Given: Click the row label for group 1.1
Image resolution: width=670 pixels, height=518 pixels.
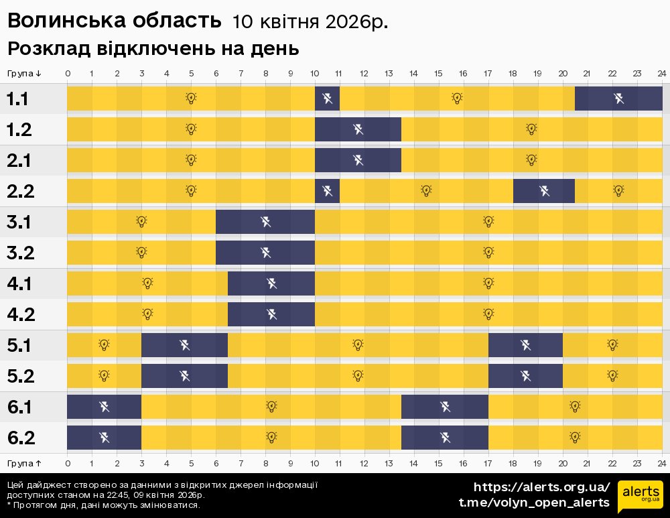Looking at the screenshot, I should tap(17, 99).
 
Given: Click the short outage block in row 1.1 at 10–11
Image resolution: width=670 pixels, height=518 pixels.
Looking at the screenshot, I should tap(327, 99).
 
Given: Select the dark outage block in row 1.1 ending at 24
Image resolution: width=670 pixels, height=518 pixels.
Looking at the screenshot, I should tap(618, 99).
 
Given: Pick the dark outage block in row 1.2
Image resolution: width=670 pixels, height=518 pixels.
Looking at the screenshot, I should tap(358, 129).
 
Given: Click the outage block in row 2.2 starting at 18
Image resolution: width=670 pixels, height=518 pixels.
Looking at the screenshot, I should tap(544, 191).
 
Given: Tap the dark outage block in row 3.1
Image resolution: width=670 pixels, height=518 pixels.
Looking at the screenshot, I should tap(265, 222).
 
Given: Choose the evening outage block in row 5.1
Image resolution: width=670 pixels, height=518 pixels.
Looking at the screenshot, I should tap(525, 345).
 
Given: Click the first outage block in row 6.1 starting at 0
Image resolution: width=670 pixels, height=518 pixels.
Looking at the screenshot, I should tap(104, 407).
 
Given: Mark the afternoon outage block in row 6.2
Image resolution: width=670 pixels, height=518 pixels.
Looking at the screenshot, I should tap(445, 438).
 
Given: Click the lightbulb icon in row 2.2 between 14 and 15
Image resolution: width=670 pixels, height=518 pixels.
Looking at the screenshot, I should tap(426, 191).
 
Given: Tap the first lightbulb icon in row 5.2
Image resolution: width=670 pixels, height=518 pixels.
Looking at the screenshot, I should tap(104, 376).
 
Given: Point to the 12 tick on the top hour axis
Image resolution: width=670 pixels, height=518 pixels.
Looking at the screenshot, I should tap(364, 74).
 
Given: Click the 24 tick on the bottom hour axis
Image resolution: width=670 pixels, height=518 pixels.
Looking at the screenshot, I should tap(661, 463).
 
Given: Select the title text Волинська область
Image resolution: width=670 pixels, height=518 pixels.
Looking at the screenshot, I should tap(114, 21).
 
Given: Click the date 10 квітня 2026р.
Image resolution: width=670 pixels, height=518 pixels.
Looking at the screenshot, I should tap(310, 22).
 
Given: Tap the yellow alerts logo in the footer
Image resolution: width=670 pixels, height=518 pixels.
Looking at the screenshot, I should tap(640, 495).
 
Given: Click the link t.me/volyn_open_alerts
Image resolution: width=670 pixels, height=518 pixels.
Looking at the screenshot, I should tap(534, 503).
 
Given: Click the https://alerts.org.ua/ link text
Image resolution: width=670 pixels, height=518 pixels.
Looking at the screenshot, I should tap(541, 487).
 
